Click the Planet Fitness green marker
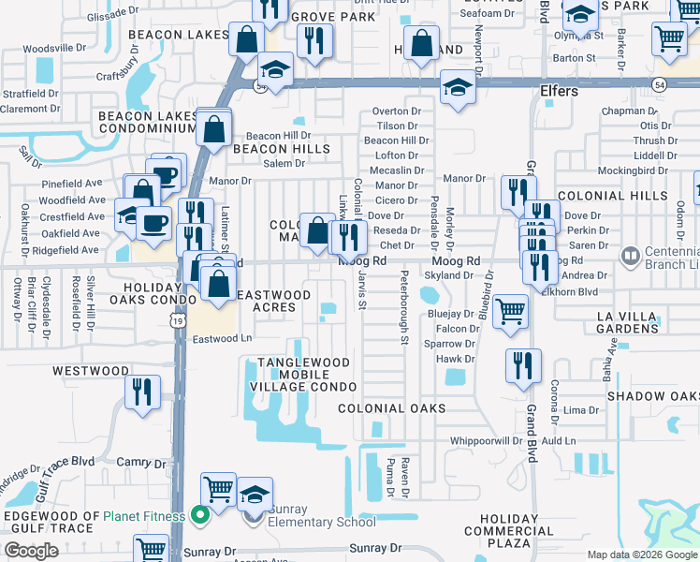click(198, 514)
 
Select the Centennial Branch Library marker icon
click(632, 254)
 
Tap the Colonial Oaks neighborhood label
click(391, 408)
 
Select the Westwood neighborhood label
click(90, 371)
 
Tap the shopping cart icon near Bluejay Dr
click(509, 311)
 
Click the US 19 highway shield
click(176, 320)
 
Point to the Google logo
click(31, 551)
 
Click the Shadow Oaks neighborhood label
click(652, 396)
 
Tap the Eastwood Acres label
click(273, 301)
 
